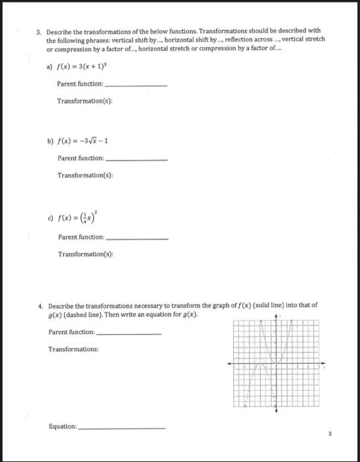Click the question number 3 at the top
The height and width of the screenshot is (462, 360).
[39, 32]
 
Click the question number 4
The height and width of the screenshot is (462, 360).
[40, 306]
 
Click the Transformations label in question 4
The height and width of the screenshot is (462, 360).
[73, 348]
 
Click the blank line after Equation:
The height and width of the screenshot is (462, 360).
[122, 428]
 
